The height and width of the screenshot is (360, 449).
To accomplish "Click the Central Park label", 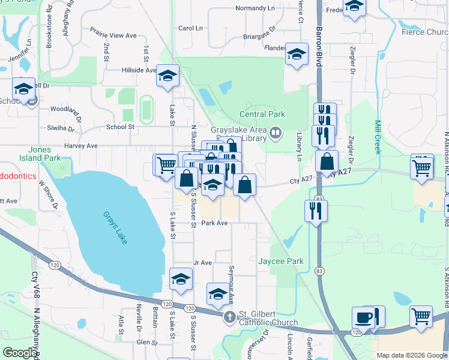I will pyautogui.click(x=262, y=114).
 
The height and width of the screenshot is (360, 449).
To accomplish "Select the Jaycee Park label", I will pyautogui.click(x=280, y=262).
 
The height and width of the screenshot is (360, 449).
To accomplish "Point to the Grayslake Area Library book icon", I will pyautogui.click(x=276, y=133).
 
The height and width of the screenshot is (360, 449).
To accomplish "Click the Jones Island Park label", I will pyautogui.click(x=44, y=154).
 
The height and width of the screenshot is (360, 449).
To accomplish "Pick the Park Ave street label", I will pyautogui.click(x=214, y=223).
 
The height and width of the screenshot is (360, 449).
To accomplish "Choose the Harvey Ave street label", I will pyautogui.click(x=80, y=146).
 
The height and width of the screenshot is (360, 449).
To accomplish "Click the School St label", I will pyautogui.click(x=120, y=127).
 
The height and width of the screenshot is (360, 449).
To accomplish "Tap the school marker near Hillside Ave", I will pyautogui.click(x=167, y=77).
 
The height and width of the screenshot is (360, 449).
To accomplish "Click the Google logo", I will pyautogui.click(x=20, y=353).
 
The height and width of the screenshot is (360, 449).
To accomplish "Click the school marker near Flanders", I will pyautogui.click(x=296, y=55).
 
